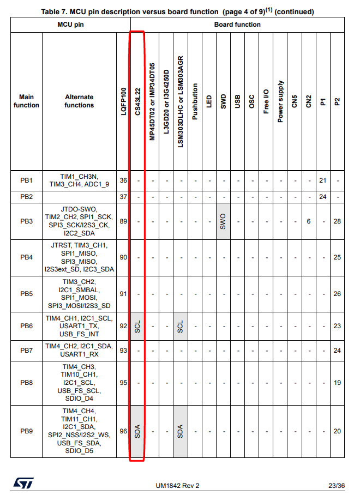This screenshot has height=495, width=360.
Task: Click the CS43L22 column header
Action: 137,100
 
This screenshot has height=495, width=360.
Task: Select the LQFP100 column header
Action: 123,100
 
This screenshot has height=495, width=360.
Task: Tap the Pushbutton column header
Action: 195,101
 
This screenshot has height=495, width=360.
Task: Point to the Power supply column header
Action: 280,101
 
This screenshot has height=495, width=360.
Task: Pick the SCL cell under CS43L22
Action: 137,327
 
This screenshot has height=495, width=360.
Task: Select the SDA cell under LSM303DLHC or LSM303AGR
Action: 181,431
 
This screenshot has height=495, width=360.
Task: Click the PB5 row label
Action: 27,294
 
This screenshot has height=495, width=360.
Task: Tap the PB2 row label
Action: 27,196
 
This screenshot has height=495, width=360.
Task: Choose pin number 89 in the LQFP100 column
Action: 123,221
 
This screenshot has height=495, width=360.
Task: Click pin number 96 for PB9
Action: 123,431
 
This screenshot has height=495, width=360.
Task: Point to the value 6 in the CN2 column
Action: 308,221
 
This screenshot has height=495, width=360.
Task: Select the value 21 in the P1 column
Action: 322,180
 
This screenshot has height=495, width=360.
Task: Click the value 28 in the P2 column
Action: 337,221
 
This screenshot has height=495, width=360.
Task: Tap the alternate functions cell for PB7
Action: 79,350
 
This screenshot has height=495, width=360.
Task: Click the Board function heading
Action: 237,25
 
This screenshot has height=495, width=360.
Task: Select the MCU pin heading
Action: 70,25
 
